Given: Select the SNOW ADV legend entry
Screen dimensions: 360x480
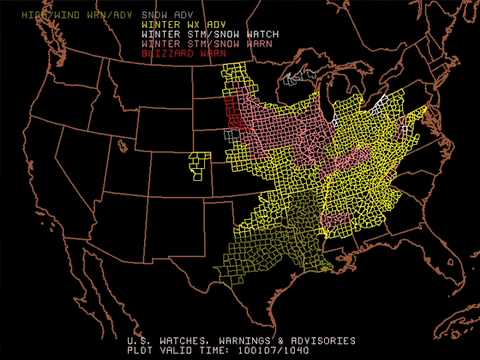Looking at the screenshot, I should pyautogui.click(x=168, y=16).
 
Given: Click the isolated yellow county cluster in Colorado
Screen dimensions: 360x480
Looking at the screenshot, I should pyautogui.click(x=199, y=166).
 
